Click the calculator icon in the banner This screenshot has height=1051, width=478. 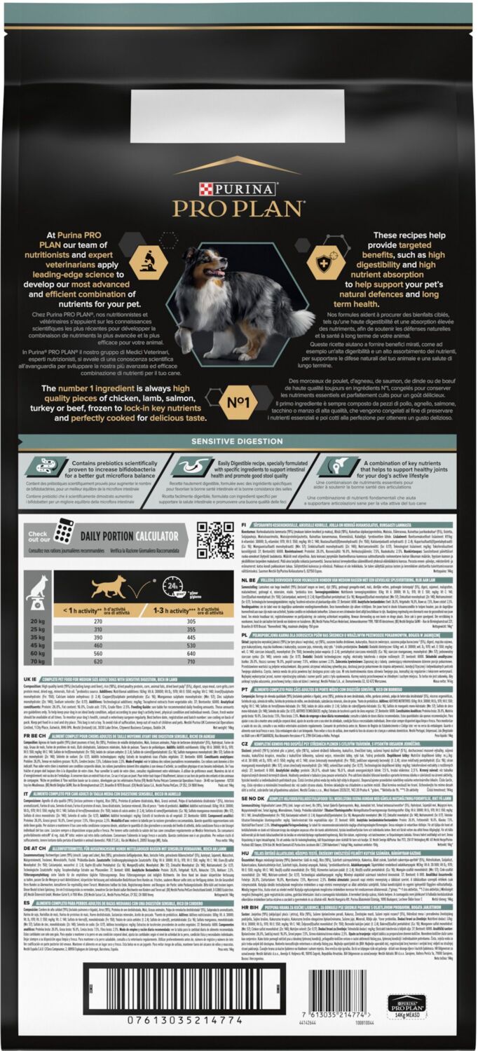pos(64,530)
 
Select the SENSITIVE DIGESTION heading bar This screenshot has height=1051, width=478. pos(238,441)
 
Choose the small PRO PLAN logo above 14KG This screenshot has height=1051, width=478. pos(406,1002)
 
